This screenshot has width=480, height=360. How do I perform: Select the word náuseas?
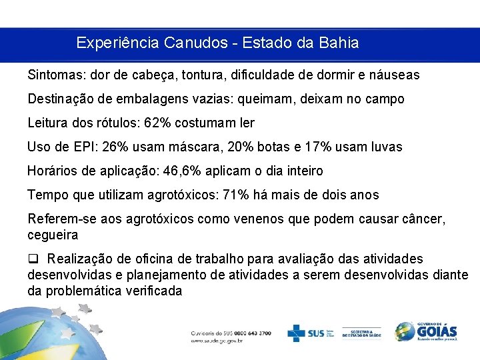(393, 75)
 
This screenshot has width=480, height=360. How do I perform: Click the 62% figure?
(166, 123)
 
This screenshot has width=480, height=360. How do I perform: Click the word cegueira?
(53, 235)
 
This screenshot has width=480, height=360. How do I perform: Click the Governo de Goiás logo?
(426, 331)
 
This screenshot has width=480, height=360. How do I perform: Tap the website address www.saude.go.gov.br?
(217, 341)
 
